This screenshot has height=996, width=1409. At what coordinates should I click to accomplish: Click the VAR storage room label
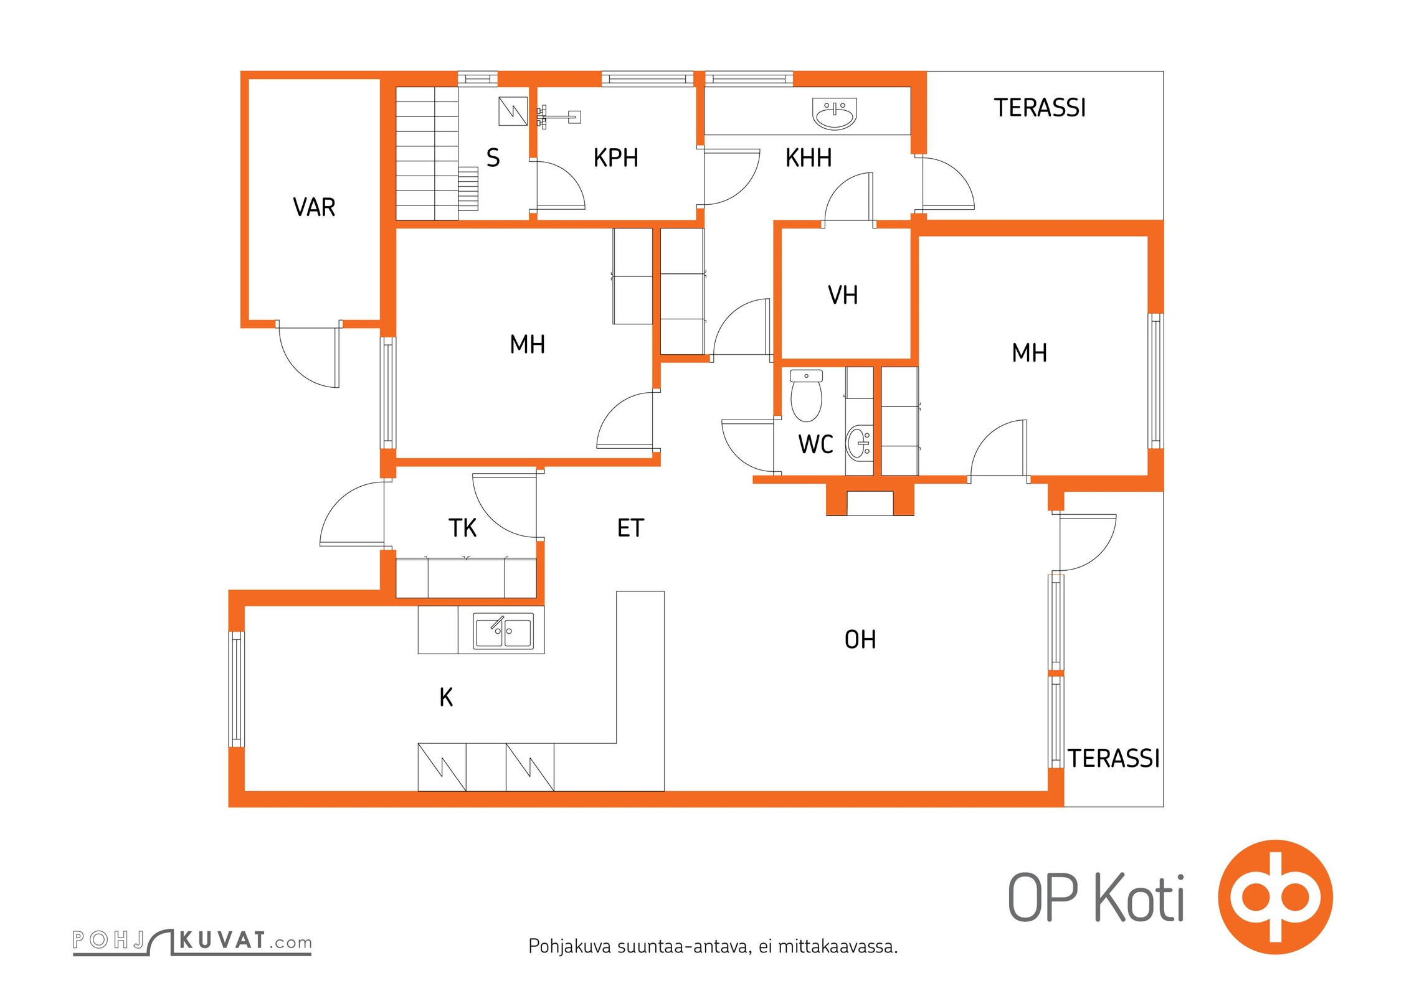314,207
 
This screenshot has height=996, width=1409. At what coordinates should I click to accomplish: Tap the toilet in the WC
806,395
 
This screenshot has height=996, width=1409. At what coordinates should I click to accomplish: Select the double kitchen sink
503,631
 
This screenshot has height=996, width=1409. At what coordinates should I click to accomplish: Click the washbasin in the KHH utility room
835,113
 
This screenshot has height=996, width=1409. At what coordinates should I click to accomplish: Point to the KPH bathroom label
615,158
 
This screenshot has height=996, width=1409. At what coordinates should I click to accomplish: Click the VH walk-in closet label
843,295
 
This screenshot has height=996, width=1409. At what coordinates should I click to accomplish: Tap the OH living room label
860,639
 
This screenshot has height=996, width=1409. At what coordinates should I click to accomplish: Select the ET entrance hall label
630,528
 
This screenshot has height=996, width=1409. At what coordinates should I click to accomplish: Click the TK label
462,528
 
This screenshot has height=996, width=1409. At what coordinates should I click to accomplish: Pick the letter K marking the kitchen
446,697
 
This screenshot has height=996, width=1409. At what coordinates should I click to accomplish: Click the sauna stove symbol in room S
513,111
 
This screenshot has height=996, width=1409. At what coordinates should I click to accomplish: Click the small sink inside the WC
859,442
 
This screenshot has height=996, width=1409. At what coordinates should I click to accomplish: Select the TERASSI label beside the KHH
1040,108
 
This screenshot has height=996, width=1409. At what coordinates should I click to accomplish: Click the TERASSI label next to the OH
1114,759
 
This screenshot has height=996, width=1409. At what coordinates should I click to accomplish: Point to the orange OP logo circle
1275,897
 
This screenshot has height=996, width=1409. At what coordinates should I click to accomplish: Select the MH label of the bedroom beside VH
1029,353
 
